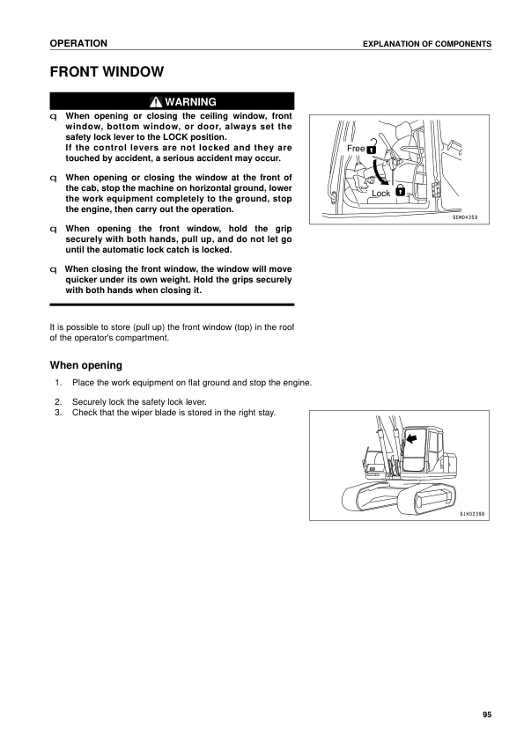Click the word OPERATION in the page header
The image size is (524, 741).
(x=78, y=43)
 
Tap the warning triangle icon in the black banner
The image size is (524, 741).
(x=155, y=101)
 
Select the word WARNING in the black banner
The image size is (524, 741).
(x=190, y=101)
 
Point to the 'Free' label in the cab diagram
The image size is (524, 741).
(x=355, y=149)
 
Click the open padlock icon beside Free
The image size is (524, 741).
(x=371, y=148)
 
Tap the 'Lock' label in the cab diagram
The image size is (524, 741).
(x=380, y=193)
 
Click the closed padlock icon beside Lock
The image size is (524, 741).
(x=400, y=190)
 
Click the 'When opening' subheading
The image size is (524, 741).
(x=85, y=363)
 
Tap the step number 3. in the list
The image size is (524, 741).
(x=58, y=413)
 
